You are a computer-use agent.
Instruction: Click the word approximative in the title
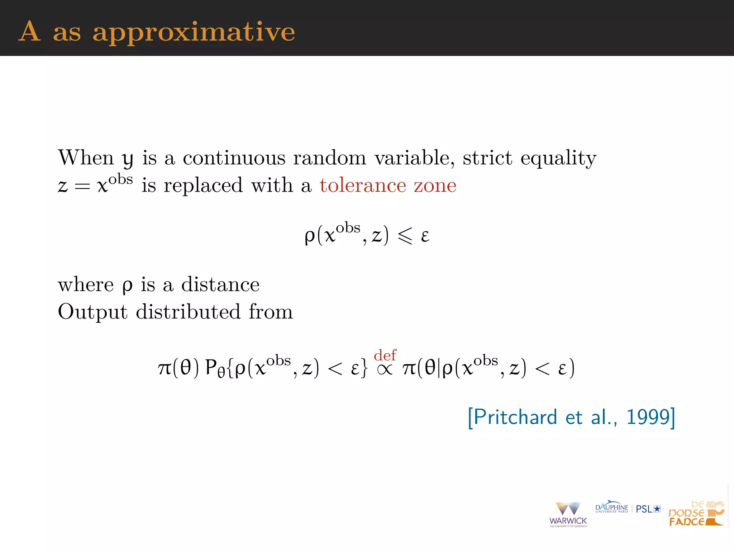(x=194, y=32)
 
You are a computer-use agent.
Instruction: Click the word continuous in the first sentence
(x=234, y=158)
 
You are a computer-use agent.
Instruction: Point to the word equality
(x=558, y=159)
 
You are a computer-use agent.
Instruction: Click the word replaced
(x=203, y=185)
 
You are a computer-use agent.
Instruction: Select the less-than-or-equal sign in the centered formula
(x=405, y=236)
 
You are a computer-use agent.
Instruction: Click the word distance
(x=220, y=284)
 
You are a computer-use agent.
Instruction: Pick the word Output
(x=92, y=312)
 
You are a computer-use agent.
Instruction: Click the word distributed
(x=188, y=311)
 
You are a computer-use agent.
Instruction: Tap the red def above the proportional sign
(x=385, y=355)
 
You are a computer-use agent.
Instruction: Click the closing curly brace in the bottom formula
(x=364, y=368)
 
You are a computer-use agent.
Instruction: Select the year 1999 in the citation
(x=648, y=417)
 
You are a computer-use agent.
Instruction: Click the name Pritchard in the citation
(x=515, y=417)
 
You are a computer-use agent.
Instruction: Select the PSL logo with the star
(x=648, y=509)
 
